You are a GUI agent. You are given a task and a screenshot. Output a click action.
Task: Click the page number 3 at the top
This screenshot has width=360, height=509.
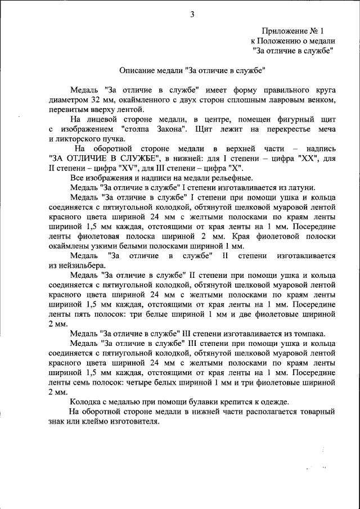coord(191,15)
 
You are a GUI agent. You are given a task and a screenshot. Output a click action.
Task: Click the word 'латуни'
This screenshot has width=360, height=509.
coord(304,188)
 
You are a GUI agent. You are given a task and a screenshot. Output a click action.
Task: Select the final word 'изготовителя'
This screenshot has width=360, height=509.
coord(128,421)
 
